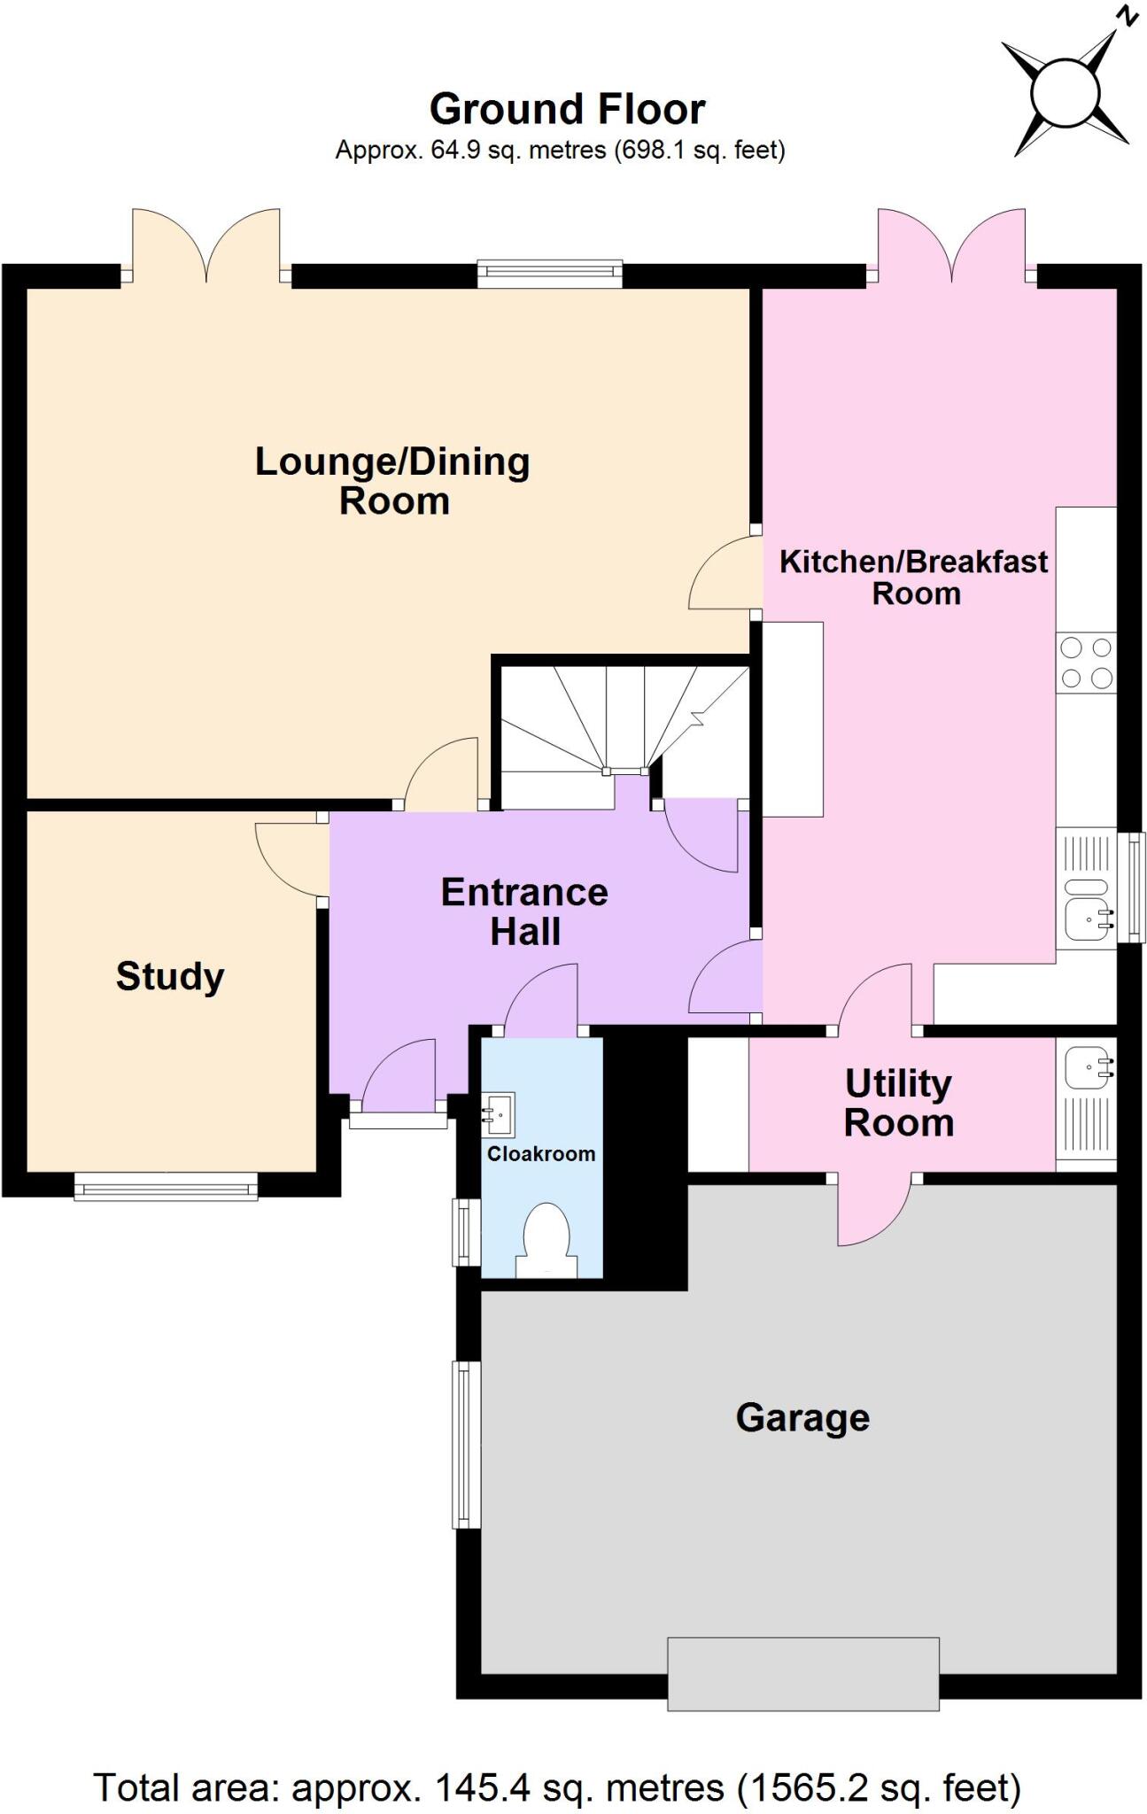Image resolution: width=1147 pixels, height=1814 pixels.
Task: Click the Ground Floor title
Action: coord(567,110)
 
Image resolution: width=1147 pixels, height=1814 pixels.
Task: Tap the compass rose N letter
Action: coord(1127,15)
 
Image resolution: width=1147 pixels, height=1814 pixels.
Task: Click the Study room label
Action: coord(170,977)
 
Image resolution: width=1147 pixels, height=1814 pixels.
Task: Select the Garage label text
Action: coord(802,1417)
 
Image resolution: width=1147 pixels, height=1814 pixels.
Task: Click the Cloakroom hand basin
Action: coord(500,1113)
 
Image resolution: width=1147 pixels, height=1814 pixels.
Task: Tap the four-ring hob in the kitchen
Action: coord(1086,663)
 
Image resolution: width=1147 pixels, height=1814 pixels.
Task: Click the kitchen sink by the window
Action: coord(1086,917)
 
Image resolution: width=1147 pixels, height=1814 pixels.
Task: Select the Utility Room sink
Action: coord(1087,1068)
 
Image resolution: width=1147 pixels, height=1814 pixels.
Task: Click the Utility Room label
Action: coord(898,1103)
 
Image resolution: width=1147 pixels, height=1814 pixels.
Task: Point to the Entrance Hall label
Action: coord(524,911)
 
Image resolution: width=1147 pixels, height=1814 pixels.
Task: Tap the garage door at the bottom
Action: coord(802,1673)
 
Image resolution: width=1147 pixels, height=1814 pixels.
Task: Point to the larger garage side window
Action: coord(466,1444)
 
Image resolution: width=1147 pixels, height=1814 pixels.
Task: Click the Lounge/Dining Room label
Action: coord(393,481)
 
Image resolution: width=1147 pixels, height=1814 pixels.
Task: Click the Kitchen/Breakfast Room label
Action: coord(914,577)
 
